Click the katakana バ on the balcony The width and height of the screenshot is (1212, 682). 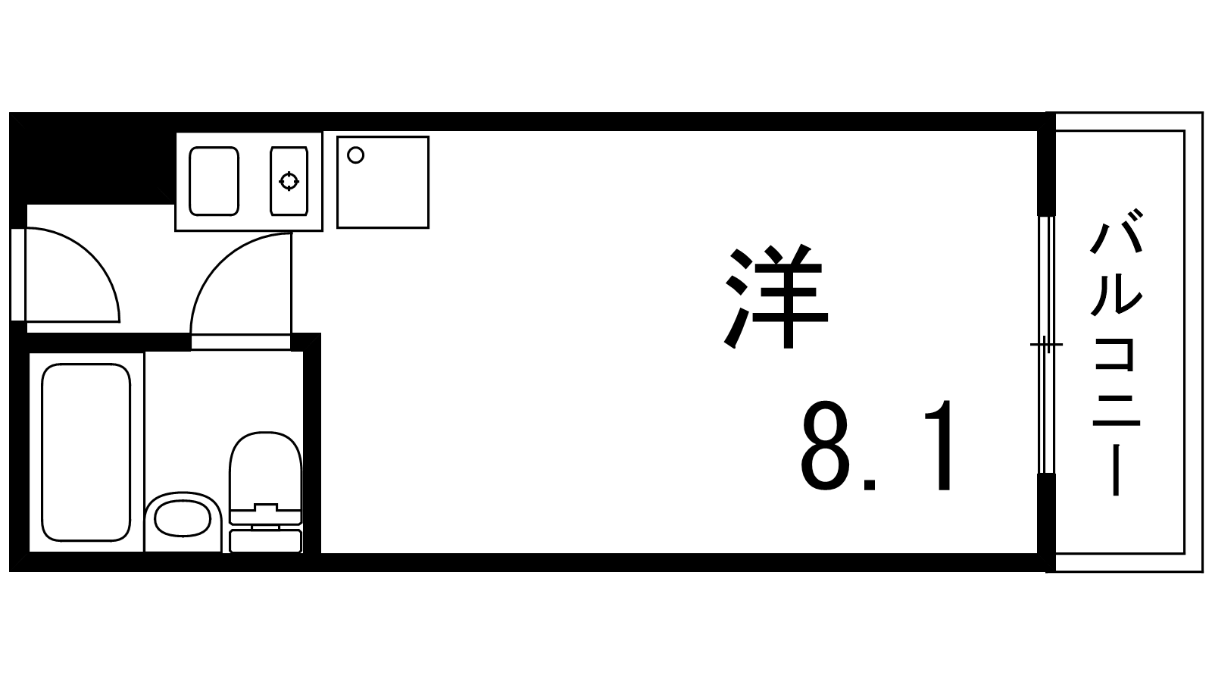(1116, 231)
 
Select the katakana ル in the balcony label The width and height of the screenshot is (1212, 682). (1116, 293)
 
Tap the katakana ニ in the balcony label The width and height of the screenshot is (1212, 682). (1116, 411)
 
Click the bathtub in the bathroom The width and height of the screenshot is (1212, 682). (86, 452)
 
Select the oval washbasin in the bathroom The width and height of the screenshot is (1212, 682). (183, 518)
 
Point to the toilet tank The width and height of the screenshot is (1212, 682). (265, 541)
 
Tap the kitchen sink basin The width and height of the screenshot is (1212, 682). (214, 181)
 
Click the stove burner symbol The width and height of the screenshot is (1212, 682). (289, 181)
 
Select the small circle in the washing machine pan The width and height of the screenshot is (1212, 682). (355, 155)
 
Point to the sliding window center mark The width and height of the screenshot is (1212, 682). (1046, 344)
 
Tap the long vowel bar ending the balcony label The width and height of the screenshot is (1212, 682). (1116, 471)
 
